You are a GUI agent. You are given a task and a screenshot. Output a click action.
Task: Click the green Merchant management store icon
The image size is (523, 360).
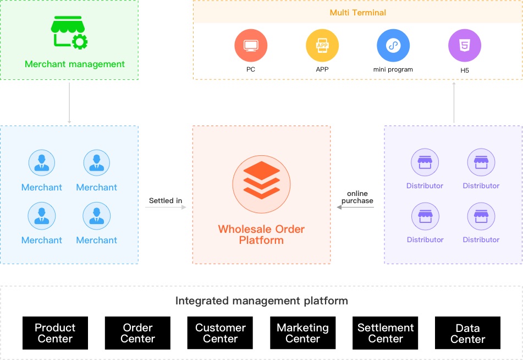coord(69,32)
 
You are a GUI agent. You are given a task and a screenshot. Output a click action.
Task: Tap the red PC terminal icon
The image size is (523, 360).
coord(251,45)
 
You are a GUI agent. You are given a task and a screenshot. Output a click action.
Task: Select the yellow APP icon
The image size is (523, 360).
coord(322,45)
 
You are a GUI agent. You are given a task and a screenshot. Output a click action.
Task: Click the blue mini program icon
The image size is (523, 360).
coord(393,45)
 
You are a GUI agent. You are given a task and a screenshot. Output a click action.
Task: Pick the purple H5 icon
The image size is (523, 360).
coord(465,45)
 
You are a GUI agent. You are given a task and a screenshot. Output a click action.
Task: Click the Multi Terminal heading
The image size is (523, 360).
coord(357,12)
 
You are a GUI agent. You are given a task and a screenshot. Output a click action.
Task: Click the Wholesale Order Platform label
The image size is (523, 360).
coord(261,234)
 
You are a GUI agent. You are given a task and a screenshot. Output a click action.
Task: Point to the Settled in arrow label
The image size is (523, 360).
coord(166,201)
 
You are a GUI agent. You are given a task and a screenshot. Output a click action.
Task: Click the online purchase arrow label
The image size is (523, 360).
coord(357,198)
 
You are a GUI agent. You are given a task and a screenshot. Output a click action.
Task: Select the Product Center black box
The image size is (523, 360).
coord(55,333)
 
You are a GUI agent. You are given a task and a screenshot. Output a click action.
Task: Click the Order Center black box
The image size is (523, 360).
coord(137,333)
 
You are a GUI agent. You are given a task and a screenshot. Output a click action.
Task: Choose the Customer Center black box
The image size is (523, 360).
coord(220,333)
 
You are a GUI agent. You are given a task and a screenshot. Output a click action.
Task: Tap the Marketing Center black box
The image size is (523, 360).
coord(302,333)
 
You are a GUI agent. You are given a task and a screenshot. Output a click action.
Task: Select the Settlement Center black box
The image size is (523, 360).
coord(385,333)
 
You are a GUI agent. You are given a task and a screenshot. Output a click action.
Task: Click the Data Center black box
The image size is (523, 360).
coord(467,333)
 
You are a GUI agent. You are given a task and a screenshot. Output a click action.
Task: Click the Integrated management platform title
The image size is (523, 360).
coord(261,301)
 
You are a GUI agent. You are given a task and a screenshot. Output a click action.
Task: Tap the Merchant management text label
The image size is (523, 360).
coord(75,64)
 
